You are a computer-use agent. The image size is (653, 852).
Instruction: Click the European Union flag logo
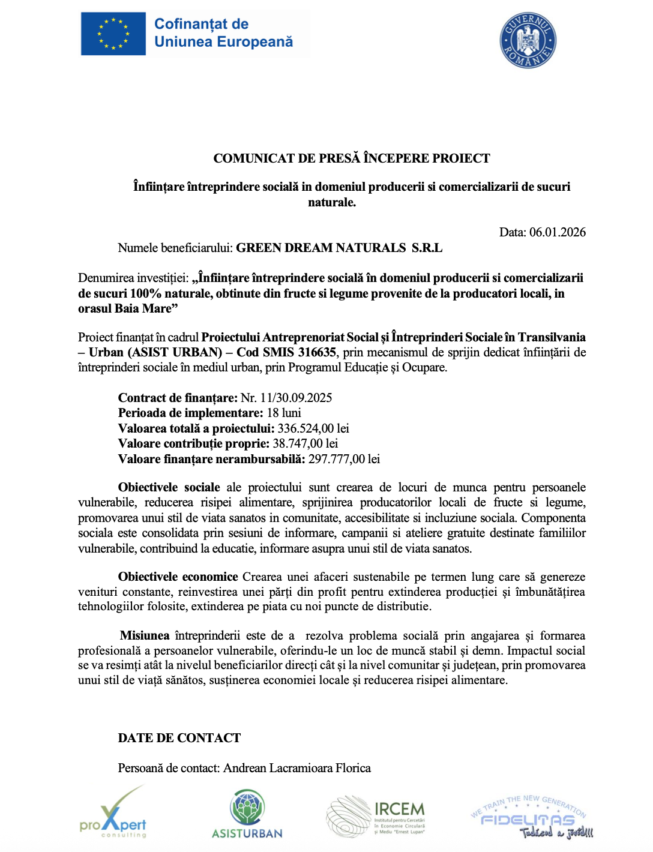tap(113, 34)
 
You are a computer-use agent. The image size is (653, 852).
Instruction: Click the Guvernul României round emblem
tap(528, 40)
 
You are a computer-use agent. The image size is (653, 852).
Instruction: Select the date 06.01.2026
tap(557, 232)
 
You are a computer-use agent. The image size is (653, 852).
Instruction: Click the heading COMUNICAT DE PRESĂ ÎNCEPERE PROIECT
tap(352, 158)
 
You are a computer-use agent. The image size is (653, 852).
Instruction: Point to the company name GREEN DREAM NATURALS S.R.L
tap(339, 248)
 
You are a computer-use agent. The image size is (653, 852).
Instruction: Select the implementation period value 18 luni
tap(284, 413)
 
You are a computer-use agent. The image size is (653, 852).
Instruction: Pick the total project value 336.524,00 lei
tap(313, 428)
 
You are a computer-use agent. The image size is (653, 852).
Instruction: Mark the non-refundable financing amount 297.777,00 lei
tap(344, 459)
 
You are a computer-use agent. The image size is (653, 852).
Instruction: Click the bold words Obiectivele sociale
tap(169, 487)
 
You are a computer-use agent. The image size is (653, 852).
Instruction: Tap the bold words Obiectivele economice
tap(178, 577)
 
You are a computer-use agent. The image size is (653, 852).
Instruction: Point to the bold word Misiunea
tap(145, 635)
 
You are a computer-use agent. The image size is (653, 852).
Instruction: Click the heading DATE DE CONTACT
tap(179, 738)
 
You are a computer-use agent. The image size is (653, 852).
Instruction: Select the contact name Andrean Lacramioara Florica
tap(297, 768)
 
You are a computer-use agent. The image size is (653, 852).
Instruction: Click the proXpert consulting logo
tap(113, 813)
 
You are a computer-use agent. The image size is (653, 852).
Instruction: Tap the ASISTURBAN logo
tap(247, 815)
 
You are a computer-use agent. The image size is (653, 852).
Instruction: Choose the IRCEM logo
tap(376, 815)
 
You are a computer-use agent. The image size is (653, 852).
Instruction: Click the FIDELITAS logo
tap(529, 817)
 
